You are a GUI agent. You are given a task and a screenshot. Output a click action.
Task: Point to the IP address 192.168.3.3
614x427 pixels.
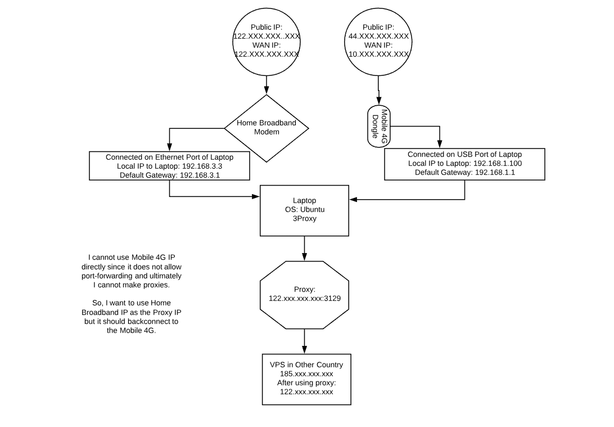(x=202, y=166)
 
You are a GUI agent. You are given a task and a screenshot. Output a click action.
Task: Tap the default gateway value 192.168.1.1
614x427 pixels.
(x=495, y=172)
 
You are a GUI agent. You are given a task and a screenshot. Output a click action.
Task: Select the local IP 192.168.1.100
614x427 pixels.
(x=498, y=163)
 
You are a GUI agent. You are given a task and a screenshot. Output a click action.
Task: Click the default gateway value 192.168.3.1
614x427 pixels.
(x=200, y=175)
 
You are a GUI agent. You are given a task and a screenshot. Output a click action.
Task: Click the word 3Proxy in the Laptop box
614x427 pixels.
(x=305, y=219)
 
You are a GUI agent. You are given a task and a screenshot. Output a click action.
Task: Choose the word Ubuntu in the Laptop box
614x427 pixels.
(x=313, y=210)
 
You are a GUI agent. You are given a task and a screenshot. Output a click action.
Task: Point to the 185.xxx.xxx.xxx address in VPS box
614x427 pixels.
(x=306, y=374)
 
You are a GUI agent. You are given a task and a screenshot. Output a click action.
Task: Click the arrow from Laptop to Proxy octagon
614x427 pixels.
(x=305, y=249)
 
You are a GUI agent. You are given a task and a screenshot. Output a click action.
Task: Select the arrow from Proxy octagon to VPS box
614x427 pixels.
(x=305, y=341)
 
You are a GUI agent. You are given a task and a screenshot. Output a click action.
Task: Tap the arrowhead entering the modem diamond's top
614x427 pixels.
(x=267, y=91)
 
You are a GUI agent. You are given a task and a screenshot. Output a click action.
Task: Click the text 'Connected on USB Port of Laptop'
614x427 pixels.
(x=465, y=154)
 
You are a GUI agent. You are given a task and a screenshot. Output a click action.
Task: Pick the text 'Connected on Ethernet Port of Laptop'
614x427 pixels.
(x=170, y=157)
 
